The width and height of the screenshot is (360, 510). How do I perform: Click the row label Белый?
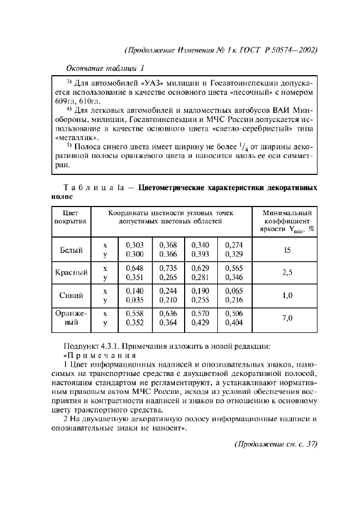pyautogui.click(x=71, y=250)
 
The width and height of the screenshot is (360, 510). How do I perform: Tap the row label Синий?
pyautogui.click(x=71, y=296)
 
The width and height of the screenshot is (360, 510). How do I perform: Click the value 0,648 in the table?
pyautogui.click(x=135, y=269)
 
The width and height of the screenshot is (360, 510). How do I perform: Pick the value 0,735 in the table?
pyautogui.click(x=168, y=269)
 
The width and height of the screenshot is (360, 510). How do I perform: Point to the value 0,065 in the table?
pyautogui.click(x=234, y=292)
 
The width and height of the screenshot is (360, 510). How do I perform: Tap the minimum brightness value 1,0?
pyautogui.click(x=288, y=296)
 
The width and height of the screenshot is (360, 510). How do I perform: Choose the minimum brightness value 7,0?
pyautogui.click(x=288, y=318)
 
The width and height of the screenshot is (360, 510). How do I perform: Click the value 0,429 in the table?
pyautogui.click(x=201, y=323)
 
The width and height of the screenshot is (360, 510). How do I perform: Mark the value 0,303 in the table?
pyautogui.click(x=135, y=246)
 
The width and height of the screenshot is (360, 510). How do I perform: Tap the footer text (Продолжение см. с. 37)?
pyautogui.click(x=274, y=444)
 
